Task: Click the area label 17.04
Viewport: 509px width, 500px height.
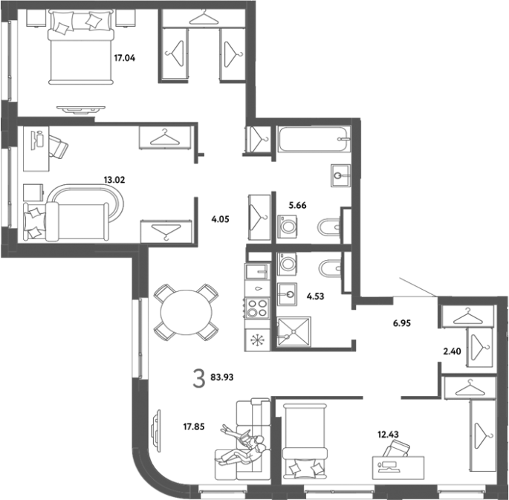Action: coord(124,58)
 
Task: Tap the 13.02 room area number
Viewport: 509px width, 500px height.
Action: coord(114,180)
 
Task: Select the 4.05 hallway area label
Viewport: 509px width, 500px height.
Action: coord(220,219)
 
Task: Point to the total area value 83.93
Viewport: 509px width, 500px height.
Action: coord(222,377)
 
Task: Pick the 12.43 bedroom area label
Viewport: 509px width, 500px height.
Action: coord(388,434)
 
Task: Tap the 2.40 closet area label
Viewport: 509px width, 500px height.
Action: coord(453,351)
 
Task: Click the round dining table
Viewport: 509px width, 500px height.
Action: coord(187,312)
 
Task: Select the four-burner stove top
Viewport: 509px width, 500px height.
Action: coord(257,308)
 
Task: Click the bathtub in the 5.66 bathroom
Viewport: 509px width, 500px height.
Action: coord(314,139)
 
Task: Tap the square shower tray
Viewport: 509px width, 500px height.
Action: coord(294,331)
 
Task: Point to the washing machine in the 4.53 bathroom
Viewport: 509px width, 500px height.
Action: coord(287,263)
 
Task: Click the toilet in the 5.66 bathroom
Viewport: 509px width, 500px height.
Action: coord(329,227)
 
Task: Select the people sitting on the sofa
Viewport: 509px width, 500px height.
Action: coord(243,446)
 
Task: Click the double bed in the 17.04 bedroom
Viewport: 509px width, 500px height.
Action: coord(81,47)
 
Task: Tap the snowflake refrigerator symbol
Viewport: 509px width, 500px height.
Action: coord(257,340)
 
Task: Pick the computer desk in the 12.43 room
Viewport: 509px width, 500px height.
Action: coord(398,467)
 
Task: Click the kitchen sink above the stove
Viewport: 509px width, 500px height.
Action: coord(257,272)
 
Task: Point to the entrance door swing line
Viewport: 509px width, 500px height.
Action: coord(419,287)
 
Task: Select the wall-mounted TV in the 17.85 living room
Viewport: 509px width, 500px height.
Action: coord(157,429)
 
